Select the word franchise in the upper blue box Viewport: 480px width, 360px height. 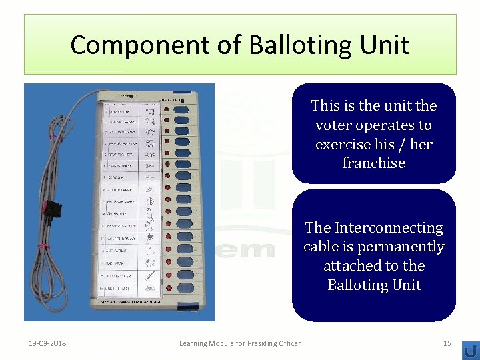[x=373, y=163]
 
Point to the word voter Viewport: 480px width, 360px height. [x=333, y=125]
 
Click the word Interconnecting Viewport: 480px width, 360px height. [x=389, y=228]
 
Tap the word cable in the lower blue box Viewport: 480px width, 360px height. [x=321, y=247]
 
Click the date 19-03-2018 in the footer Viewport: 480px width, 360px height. [x=47, y=343]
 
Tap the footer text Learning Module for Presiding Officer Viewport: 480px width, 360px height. [x=240, y=343]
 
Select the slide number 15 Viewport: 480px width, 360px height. [x=447, y=343]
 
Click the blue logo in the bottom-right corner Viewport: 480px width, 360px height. [x=471, y=350]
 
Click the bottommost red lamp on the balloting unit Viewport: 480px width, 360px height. [x=167, y=287]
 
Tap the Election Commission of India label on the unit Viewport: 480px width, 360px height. [x=134, y=303]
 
